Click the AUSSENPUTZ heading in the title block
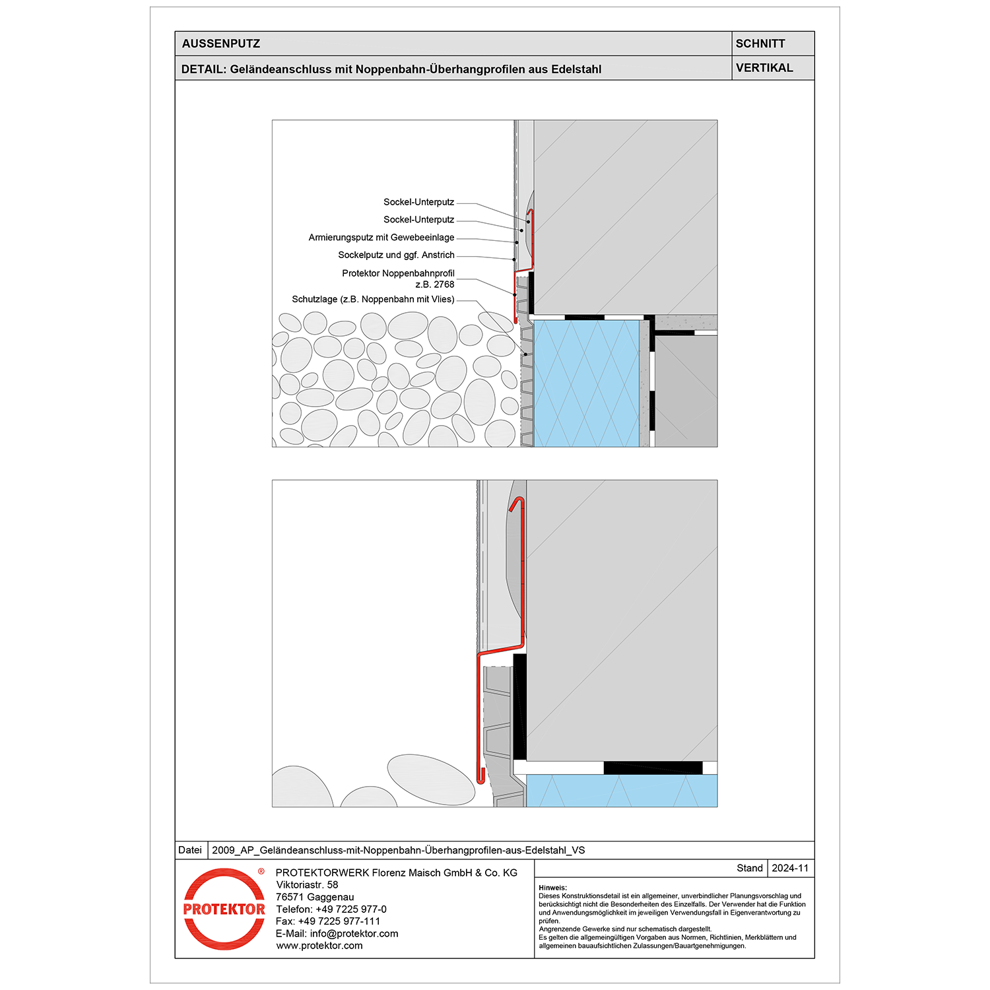coord(221,44)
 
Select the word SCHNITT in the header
coord(760,44)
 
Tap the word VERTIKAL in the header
coord(764,68)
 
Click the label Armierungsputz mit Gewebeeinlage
coord(381,238)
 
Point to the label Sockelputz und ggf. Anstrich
coord(396,255)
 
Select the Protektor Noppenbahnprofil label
coord(398,273)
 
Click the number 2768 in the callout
coord(444,284)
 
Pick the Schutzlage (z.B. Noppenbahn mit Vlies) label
coord(373,300)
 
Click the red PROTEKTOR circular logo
coord(224,909)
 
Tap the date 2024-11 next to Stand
coord(790,868)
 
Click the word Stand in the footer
coord(750,868)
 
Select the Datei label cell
coord(190,850)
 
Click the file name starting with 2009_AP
coord(398,850)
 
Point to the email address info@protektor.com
coord(354,933)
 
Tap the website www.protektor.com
coord(319,946)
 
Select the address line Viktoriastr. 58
coord(307,884)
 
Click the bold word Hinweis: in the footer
coord(553,888)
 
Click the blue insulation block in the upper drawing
coord(586,383)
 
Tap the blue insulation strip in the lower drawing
coord(620,791)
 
